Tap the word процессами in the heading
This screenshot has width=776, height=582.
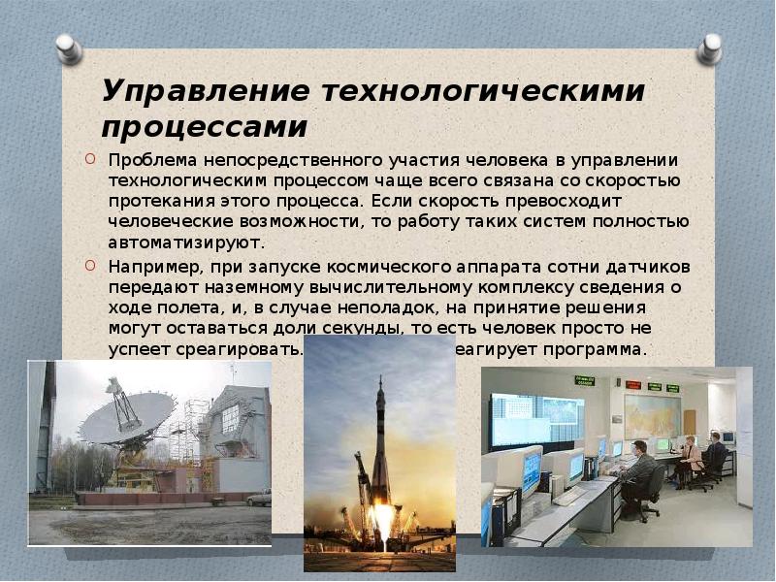coord(204,127)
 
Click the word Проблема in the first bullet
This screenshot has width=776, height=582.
coord(147,160)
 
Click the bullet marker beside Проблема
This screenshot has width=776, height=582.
coord(89,159)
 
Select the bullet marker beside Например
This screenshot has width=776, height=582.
coord(89,264)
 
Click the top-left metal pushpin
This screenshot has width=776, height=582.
coord(68,48)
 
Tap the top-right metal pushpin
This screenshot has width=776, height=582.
coord(711,48)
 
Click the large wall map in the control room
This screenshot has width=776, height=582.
coord(651,415)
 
